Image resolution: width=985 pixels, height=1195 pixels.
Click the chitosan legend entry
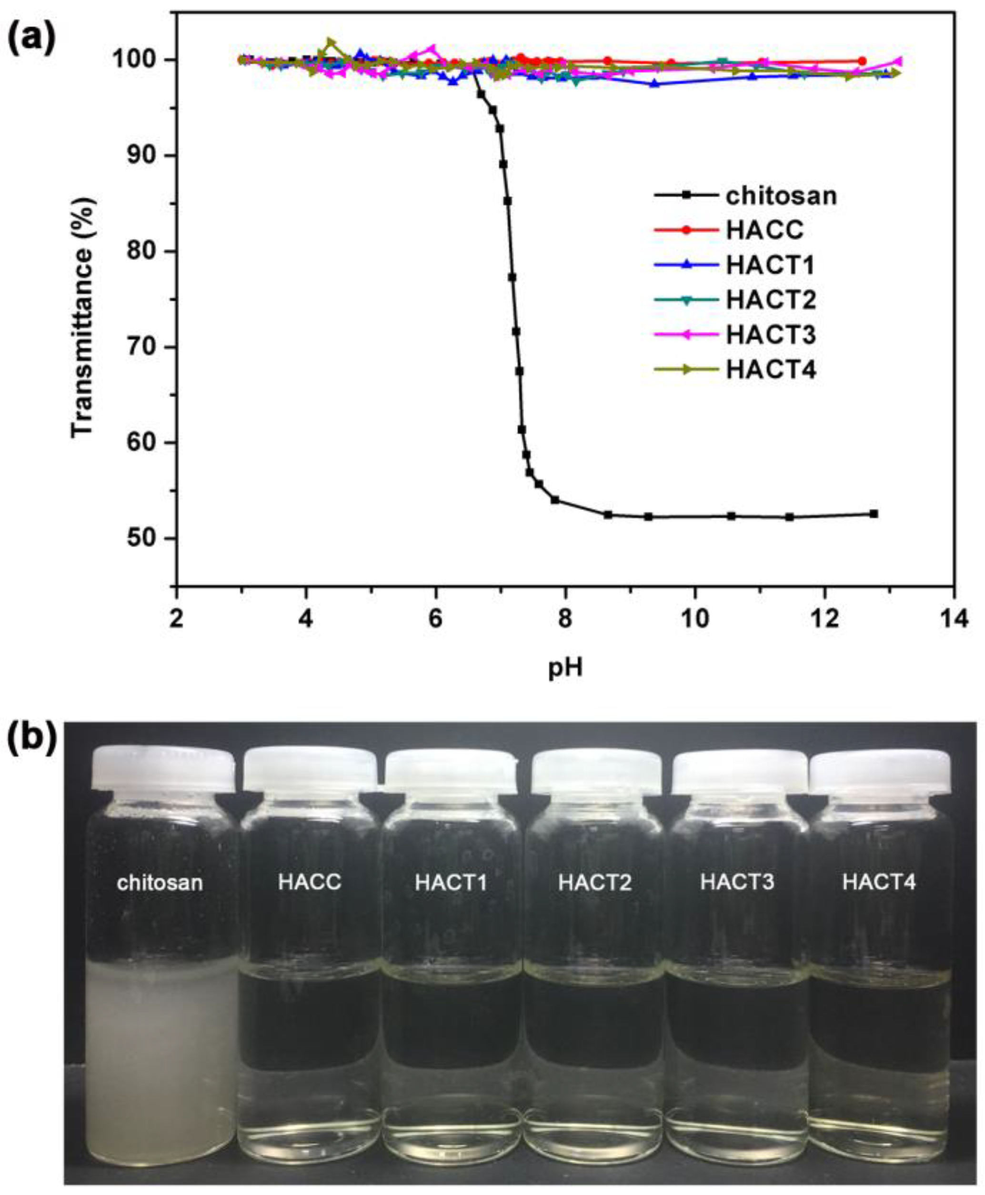tap(781, 196)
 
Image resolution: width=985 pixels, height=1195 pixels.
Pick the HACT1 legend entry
tap(770, 265)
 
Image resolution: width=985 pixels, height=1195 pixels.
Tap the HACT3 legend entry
tap(771, 335)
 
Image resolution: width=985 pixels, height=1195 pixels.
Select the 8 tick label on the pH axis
tap(565, 619)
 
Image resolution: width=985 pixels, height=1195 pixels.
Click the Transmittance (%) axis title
tap(82, 318)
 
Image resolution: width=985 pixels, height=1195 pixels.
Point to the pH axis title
tap(565, 670)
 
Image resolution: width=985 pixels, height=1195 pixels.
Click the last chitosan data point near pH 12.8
tap(874, 513)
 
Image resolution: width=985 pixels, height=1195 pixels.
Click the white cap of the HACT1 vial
tap(452, 771)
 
